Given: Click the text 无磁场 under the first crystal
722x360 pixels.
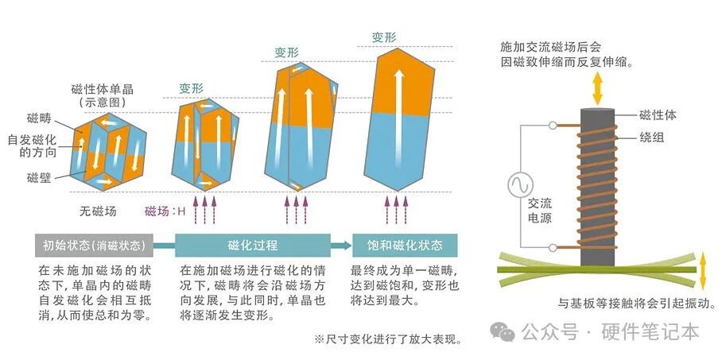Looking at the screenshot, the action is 98,211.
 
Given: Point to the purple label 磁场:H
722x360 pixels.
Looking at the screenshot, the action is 165,211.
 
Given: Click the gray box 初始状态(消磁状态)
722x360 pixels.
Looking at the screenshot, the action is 94,246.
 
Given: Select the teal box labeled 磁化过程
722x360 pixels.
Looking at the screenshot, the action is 253,246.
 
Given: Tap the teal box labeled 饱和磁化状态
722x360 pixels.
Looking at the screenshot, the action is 405,246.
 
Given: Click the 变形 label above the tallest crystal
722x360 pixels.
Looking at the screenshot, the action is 384,38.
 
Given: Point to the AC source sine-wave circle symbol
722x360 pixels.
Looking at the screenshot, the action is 521,184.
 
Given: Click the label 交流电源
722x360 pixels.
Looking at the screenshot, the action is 540,211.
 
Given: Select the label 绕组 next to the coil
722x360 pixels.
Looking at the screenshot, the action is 652,137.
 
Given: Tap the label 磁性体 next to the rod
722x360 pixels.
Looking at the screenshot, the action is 658,115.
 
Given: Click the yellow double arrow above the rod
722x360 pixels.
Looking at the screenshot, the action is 597,89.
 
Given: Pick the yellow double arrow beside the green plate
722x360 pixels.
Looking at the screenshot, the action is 703,271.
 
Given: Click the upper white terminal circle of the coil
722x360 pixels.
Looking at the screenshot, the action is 553,126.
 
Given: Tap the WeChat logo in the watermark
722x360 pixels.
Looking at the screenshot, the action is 503,331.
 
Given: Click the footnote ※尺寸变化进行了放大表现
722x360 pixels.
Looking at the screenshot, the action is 388,340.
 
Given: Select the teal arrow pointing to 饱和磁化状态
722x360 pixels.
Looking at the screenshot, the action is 341,246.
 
